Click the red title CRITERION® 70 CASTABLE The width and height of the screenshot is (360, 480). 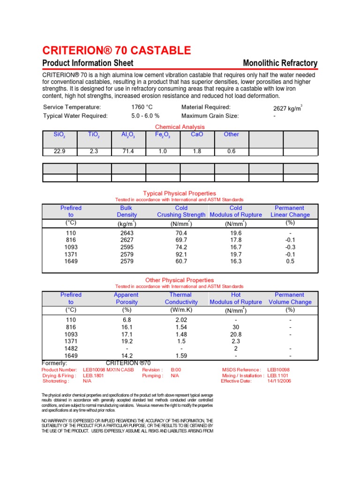click(117, 51)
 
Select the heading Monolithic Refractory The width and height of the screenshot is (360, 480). click(280, 63)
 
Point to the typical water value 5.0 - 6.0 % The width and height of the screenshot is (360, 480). click(145, 116)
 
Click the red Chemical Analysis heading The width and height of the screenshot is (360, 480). click(180, 127)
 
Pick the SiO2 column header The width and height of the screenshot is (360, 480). click(60, 135)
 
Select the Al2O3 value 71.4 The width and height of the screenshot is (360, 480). click(128, 151)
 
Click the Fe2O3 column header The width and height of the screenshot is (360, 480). click(163, 135)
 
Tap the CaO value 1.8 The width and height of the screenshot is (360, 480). click(197, 151)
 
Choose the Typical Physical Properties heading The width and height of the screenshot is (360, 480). click(180, 193)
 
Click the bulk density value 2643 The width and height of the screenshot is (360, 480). click(127, 233)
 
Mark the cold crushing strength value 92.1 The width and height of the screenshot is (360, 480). click(181, 254)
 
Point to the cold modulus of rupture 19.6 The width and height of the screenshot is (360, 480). click(236, 233)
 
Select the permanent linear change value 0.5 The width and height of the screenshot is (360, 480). click(290, 261)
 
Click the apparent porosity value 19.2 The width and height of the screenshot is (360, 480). click(127, 342)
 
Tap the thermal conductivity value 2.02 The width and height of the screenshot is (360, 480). click(181, 320)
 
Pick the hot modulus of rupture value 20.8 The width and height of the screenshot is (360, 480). click(236, 335)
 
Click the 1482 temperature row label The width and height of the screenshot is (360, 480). click(71, 349)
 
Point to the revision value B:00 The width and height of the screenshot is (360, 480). click(176, 370)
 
